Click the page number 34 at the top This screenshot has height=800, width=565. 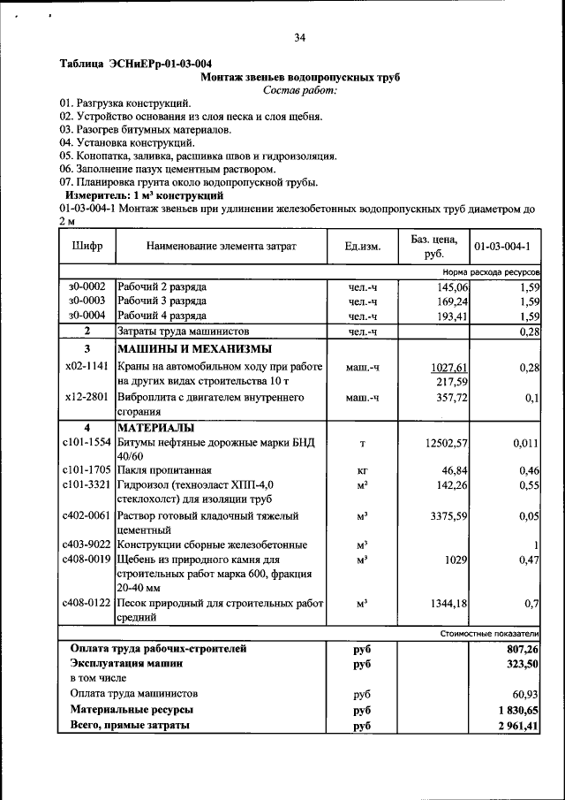(x=299, y=37)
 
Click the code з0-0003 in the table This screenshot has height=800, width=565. (x=87, y=301)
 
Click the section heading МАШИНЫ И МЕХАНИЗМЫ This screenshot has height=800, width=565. (x=194, y=349)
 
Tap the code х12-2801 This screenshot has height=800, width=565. (x=87, y=398)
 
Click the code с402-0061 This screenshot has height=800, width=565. (x=87, y=514)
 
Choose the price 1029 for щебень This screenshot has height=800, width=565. (x=456, y=560)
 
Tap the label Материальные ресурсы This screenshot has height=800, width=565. (x=132, y=709)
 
